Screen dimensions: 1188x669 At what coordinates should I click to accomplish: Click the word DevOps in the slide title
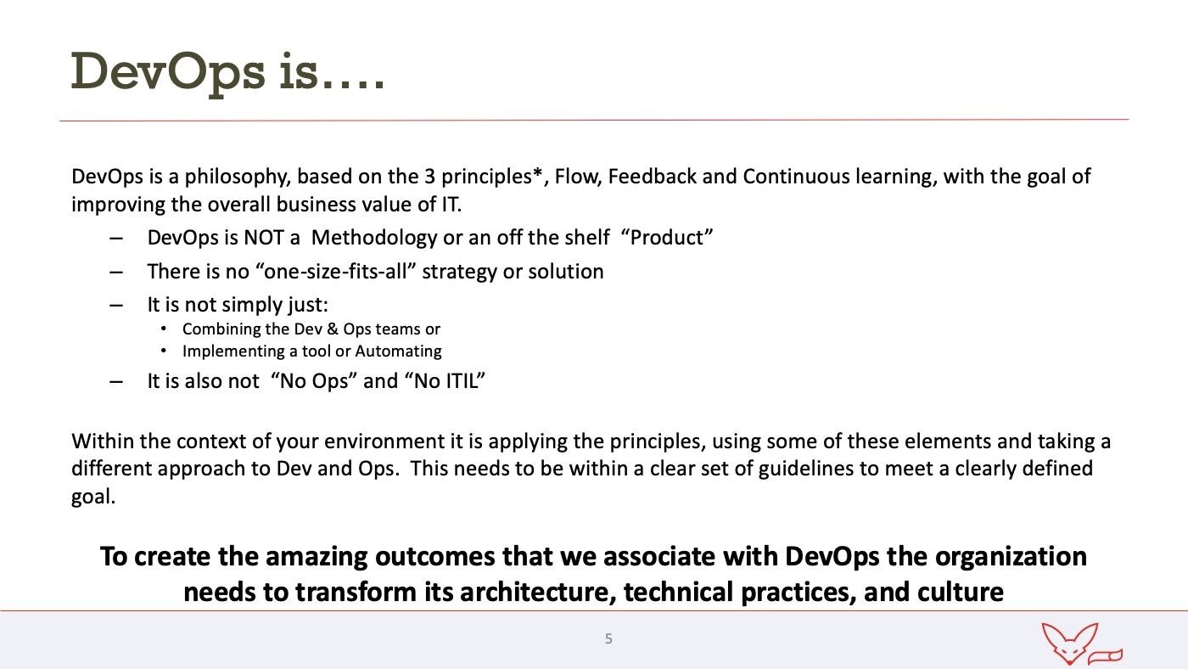coord(168,73)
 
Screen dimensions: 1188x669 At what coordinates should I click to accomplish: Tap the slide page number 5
coord(608,638)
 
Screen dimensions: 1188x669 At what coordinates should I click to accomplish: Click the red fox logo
coord(1082,644)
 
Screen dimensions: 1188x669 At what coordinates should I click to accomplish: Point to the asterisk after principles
coord(538,173)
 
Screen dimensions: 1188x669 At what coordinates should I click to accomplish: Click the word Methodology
coord(374,239)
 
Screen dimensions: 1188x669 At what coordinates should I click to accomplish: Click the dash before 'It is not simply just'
coord(116,306)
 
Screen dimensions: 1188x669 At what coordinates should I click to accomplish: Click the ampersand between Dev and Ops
coord(333,329)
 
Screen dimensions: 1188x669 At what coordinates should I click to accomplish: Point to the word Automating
coord(398,351)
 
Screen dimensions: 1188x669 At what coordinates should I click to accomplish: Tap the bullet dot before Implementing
coord(163,351)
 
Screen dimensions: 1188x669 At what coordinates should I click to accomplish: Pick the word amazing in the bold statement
coord(316,557)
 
